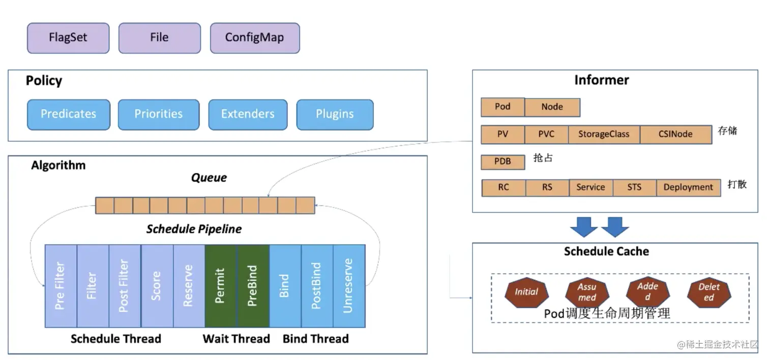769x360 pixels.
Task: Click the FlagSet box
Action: click(68, 38)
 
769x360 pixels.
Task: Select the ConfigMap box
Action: click(254, 38)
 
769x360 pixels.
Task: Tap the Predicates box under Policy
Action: click(68, 114)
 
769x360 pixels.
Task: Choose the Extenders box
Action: click(248, 114)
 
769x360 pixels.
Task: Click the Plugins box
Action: click(335, 114)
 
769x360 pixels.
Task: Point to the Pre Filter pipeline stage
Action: click(61, 286)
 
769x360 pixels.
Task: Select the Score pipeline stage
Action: click(157, 286)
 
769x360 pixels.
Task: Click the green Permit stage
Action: click(221, 286)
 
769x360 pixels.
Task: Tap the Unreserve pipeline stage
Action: click(349, 286)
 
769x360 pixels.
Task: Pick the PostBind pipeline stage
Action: click(317, 286)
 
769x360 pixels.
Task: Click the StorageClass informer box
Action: click(604, 134)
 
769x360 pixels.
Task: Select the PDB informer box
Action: click(502, 162)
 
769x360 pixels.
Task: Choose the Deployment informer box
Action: click(688, 187)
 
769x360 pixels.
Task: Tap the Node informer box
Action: click(552, 107)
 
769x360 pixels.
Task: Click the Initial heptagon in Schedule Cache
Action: click(526, 292)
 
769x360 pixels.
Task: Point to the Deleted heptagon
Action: click(708, 292)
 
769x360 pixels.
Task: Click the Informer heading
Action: click(602, 80)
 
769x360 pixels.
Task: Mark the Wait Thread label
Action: click(236, 339)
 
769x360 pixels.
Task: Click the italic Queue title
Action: click(209, 178)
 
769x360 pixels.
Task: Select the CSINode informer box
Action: click(675, 134)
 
